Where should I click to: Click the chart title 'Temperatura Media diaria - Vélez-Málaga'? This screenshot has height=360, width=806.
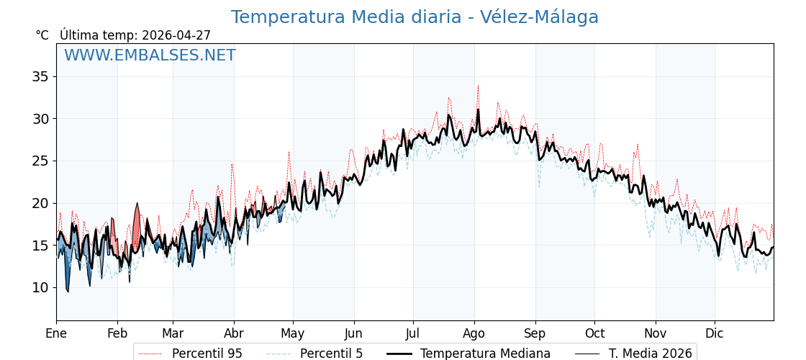click(x=415, y=17)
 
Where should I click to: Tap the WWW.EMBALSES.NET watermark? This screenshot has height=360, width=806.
click(x=150, y=55)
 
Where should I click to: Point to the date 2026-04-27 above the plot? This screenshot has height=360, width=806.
click(x=176, y=35)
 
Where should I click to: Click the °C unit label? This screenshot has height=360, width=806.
click(x=42, y=35)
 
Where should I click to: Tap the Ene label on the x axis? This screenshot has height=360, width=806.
click(x=56, y=333)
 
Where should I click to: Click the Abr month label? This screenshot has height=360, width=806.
click(x=234, y=333)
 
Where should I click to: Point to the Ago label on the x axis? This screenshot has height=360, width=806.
click(x=474, y=333)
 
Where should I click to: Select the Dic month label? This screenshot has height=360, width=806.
click(x=715, y=333)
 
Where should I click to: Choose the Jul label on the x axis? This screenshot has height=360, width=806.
click(x=413, y=333)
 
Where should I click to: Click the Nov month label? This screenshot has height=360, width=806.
click(x=656, y=333)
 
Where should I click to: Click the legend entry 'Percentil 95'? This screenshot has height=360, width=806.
click(x=207, y=354)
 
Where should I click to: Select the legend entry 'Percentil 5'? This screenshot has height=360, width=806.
click(x=331, y=354)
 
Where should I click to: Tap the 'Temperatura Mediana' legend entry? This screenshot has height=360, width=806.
click(x=485, y=354)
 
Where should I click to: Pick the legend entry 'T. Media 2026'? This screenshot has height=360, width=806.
click(x=650, y=354)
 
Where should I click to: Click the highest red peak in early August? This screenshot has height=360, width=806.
click(x=477, y=86)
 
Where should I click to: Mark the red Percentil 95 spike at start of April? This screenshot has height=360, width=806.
click(x=232, y=165)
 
